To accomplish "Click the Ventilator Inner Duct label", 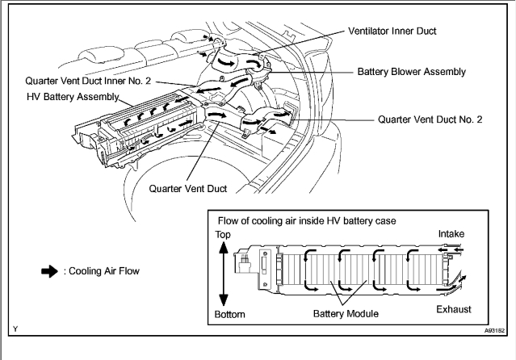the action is pos(392,31).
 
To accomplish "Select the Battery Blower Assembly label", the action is pos(412,72).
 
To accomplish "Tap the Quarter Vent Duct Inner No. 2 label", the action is pos(88,81).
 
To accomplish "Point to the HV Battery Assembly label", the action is pos(73,97).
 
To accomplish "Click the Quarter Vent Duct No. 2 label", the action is pos(430,119).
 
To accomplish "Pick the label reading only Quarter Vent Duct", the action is pos(188,189).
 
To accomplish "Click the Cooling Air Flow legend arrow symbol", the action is pos(49,271).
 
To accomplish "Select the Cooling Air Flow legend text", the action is pos(102,271).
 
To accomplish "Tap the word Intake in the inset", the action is pos(451,234).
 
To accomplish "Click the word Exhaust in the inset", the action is pos(454,309).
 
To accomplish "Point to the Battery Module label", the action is pos(346,314).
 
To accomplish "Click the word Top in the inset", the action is pos(223,235).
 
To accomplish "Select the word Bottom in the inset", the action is pos(229,314).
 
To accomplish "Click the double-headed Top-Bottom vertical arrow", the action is pos(224,274).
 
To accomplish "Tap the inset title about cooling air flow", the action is pos(307,220).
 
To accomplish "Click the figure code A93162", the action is pos(494,330).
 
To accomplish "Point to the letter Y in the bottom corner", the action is pos(15,329).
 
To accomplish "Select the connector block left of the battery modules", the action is pos(242,262).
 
